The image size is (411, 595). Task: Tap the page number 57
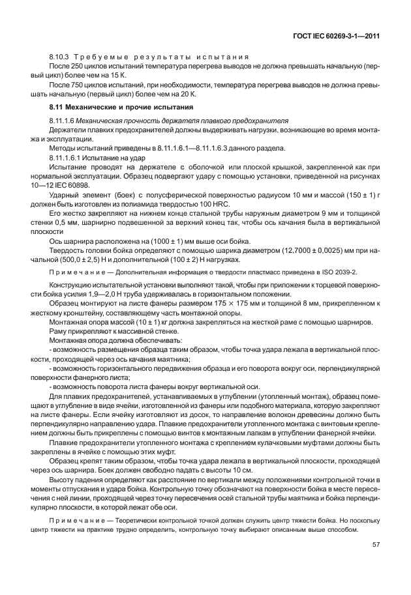[x=376, y=545]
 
